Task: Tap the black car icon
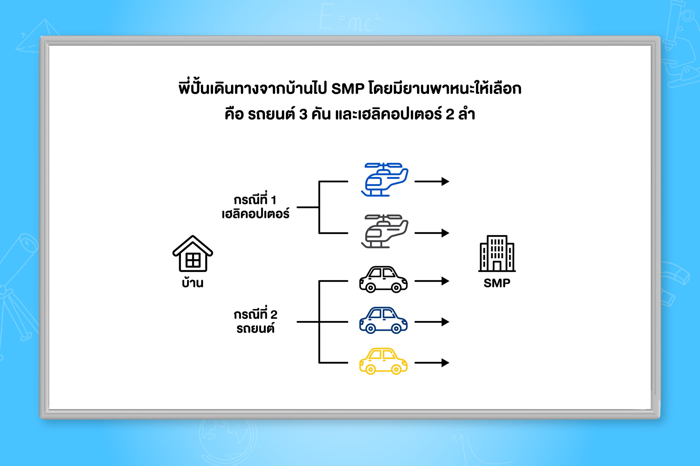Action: (383, 279)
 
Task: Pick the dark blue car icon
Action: (383, 320)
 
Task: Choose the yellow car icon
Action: (383, 361)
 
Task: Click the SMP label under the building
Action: (497, 283)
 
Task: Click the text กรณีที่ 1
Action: (255, 199)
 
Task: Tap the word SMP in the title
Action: (348, 89)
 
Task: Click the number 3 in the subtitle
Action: (303, 114)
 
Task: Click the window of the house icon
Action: (193, 260)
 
